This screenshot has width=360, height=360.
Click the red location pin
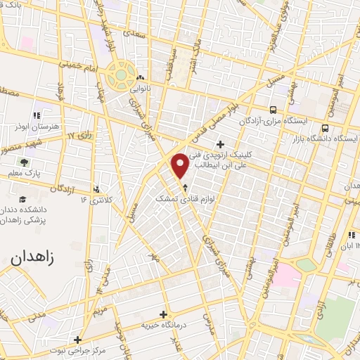pos(181,166)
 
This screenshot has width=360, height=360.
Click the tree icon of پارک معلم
pos(25,162)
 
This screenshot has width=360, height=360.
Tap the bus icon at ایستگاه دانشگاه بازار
pos(325,128)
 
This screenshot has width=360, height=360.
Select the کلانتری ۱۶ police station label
pos(97,200)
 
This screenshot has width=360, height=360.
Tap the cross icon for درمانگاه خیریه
pos(163,314)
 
